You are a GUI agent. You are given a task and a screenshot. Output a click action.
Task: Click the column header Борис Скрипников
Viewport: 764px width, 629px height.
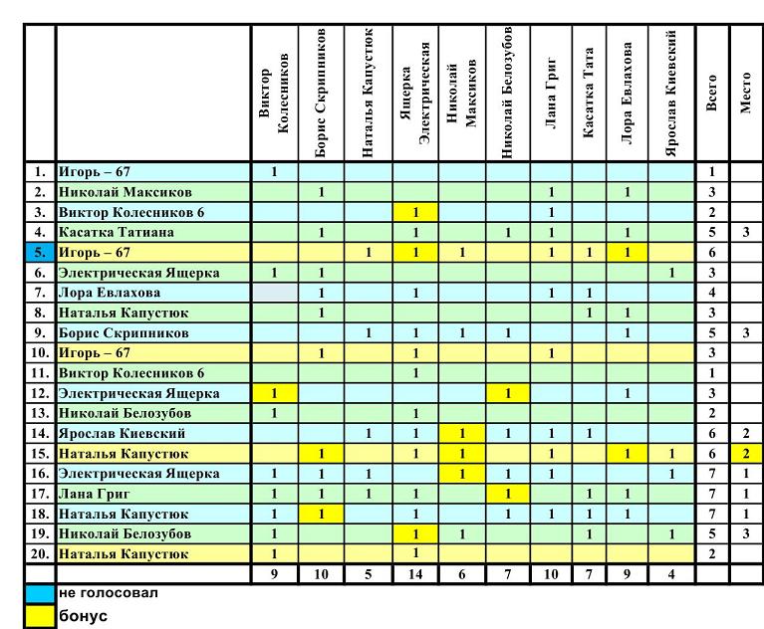321,93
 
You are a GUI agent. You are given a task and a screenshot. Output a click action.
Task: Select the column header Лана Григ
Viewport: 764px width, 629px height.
551,93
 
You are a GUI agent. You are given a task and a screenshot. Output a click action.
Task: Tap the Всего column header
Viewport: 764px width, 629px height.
711,93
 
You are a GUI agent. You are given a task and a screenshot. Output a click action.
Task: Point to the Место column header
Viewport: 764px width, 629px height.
745,93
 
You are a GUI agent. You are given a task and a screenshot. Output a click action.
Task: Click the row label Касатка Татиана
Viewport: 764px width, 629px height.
116,232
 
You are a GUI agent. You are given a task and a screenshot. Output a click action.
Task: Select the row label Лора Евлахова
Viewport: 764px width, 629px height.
110,293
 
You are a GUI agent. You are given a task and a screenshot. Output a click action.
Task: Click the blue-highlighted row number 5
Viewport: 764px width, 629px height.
40,253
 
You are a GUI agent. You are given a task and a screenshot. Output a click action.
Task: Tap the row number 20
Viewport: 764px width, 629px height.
40,554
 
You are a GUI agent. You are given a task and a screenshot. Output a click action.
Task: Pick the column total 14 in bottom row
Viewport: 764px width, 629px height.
415,574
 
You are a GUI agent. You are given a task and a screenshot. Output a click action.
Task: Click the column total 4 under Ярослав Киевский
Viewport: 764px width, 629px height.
671,574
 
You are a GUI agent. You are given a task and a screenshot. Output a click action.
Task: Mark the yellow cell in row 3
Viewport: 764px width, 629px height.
415,212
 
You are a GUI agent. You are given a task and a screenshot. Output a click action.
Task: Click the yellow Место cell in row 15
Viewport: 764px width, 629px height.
745,454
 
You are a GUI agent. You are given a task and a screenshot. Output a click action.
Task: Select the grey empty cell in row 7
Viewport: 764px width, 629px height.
275,293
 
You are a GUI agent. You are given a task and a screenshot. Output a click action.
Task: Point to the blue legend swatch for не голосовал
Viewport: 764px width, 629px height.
40,594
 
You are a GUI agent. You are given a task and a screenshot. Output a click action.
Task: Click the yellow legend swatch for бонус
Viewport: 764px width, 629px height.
40,616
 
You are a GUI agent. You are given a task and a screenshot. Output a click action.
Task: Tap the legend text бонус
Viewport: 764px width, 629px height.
84,616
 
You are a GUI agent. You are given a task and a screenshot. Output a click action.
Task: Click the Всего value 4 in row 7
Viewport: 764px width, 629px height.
712,293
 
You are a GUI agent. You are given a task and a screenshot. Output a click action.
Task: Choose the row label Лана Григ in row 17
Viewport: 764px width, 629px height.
94,494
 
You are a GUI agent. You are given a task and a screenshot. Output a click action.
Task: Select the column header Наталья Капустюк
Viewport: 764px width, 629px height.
368,93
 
